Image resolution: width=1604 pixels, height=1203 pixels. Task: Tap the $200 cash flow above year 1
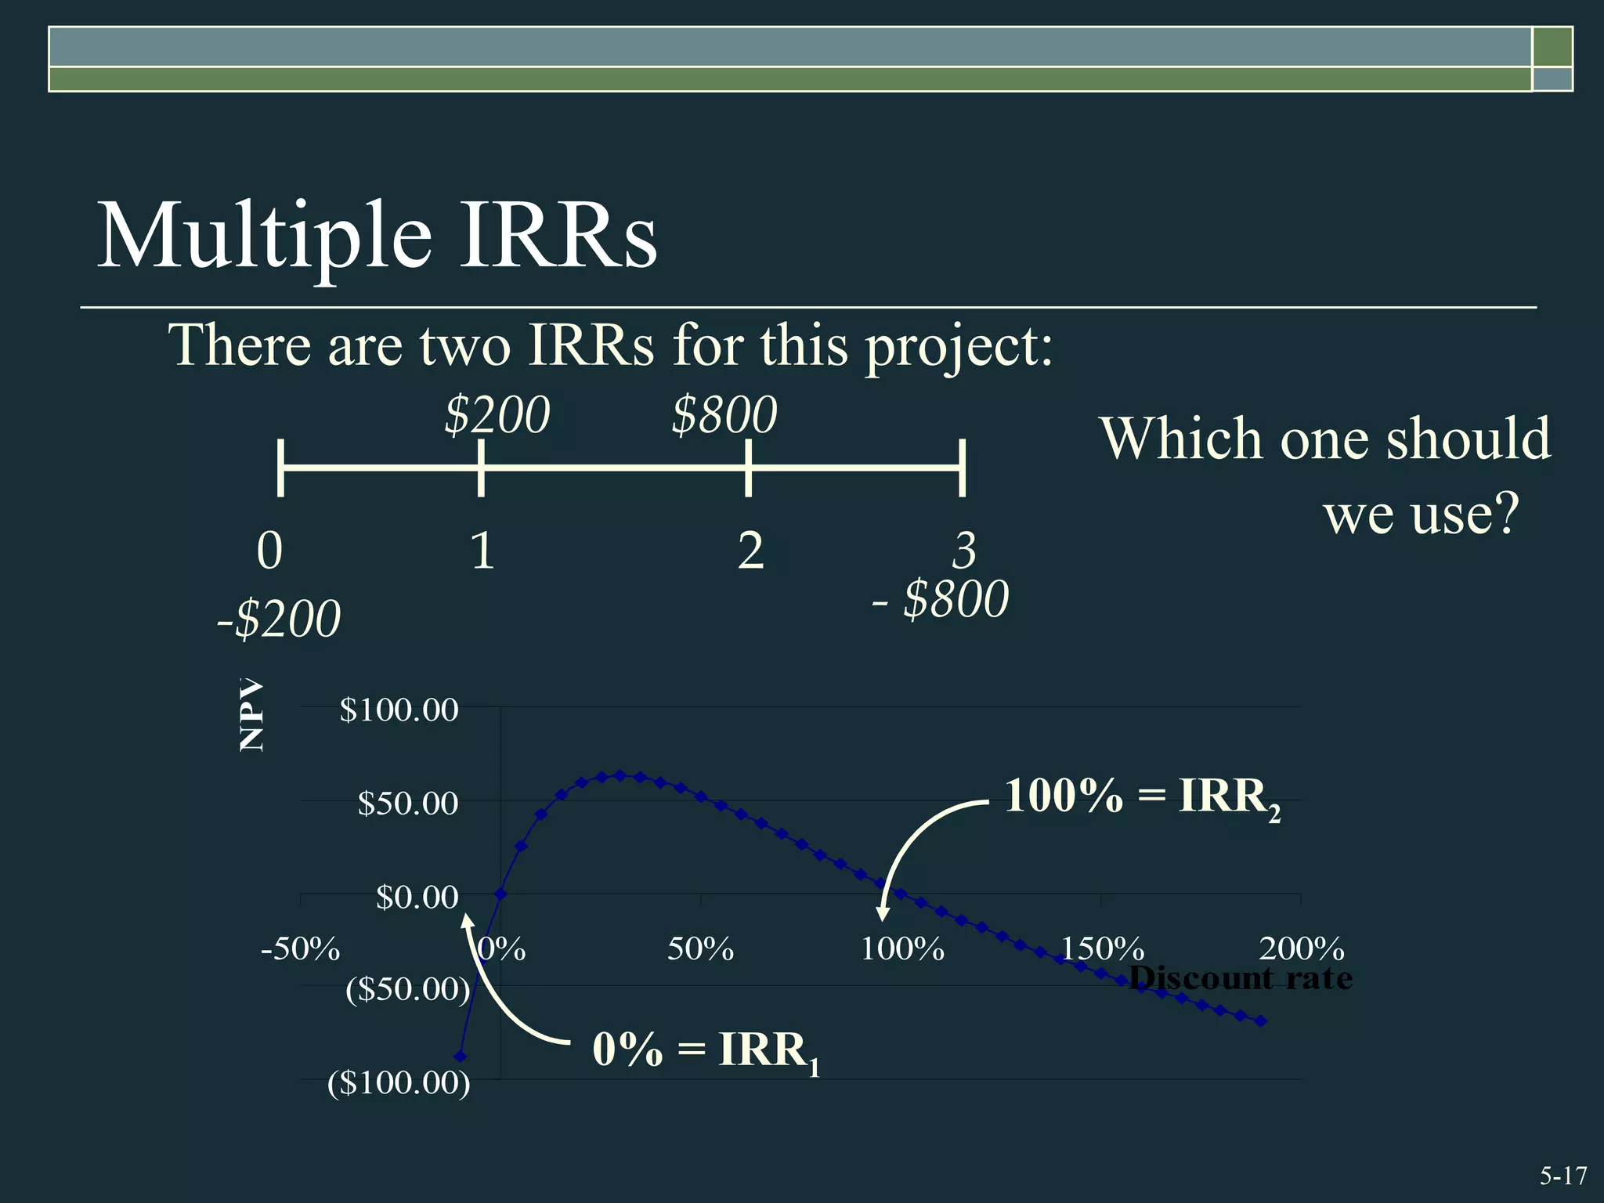pos(497,415)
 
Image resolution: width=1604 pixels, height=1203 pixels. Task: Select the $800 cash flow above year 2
pos(724,415)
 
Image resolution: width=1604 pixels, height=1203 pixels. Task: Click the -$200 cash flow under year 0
pos(279,620)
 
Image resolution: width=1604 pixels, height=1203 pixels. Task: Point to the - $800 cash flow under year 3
pos(941,600)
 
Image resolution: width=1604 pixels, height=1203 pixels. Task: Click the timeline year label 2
pos(750,551)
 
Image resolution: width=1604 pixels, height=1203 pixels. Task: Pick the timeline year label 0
pos(269,551)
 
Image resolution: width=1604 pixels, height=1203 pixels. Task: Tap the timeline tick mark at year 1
pos(481,468)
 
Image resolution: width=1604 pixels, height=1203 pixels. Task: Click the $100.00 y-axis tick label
pos(399,710)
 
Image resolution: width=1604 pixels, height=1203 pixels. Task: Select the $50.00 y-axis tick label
pos(407,804)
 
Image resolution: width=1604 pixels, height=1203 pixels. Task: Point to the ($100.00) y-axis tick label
pos(399,1083)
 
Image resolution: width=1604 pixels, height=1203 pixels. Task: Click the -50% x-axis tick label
pos(301,949)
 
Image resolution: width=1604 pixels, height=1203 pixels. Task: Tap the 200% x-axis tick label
pos(1302,949)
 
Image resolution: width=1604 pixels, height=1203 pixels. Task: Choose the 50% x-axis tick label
pos(700,949)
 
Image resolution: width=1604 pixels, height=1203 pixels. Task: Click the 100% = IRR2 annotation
pos(1142,797)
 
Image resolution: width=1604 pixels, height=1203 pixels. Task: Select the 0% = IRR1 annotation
pos(706,1050)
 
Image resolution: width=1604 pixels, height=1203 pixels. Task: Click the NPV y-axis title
pos(251,715)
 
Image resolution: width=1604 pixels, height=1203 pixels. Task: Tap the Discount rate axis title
pos(1241,978)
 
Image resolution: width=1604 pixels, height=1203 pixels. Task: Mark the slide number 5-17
pos(1562,1176)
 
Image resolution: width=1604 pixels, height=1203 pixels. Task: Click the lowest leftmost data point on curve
pos(461,1057)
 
